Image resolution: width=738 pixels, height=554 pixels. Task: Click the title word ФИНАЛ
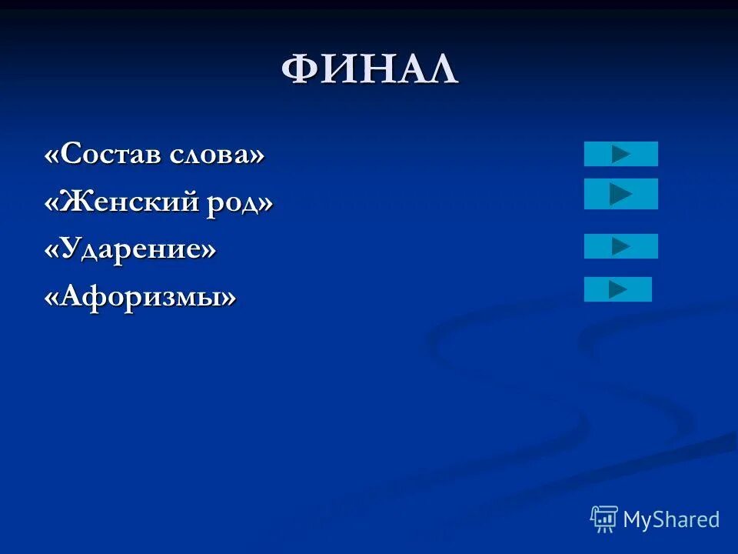[369, 71]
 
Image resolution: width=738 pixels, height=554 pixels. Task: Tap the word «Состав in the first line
[105, 155]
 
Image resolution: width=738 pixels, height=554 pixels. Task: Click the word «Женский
[117, 202]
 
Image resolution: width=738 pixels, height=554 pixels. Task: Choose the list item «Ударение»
[130, 249]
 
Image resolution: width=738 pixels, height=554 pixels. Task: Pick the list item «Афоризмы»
[140, 296]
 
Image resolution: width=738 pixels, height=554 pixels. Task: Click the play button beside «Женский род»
[621, 194]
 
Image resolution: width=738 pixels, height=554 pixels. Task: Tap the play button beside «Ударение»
[621, 246]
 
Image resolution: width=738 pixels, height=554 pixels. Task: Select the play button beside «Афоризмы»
[618, 289]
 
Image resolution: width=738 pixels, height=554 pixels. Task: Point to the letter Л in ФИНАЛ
[441, 71]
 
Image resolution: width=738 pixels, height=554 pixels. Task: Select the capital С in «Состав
[69, 155]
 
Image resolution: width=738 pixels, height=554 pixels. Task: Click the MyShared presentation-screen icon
[604, 519]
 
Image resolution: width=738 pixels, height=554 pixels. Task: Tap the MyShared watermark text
[670, 520]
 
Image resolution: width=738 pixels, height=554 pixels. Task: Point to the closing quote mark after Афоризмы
[228, 297]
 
